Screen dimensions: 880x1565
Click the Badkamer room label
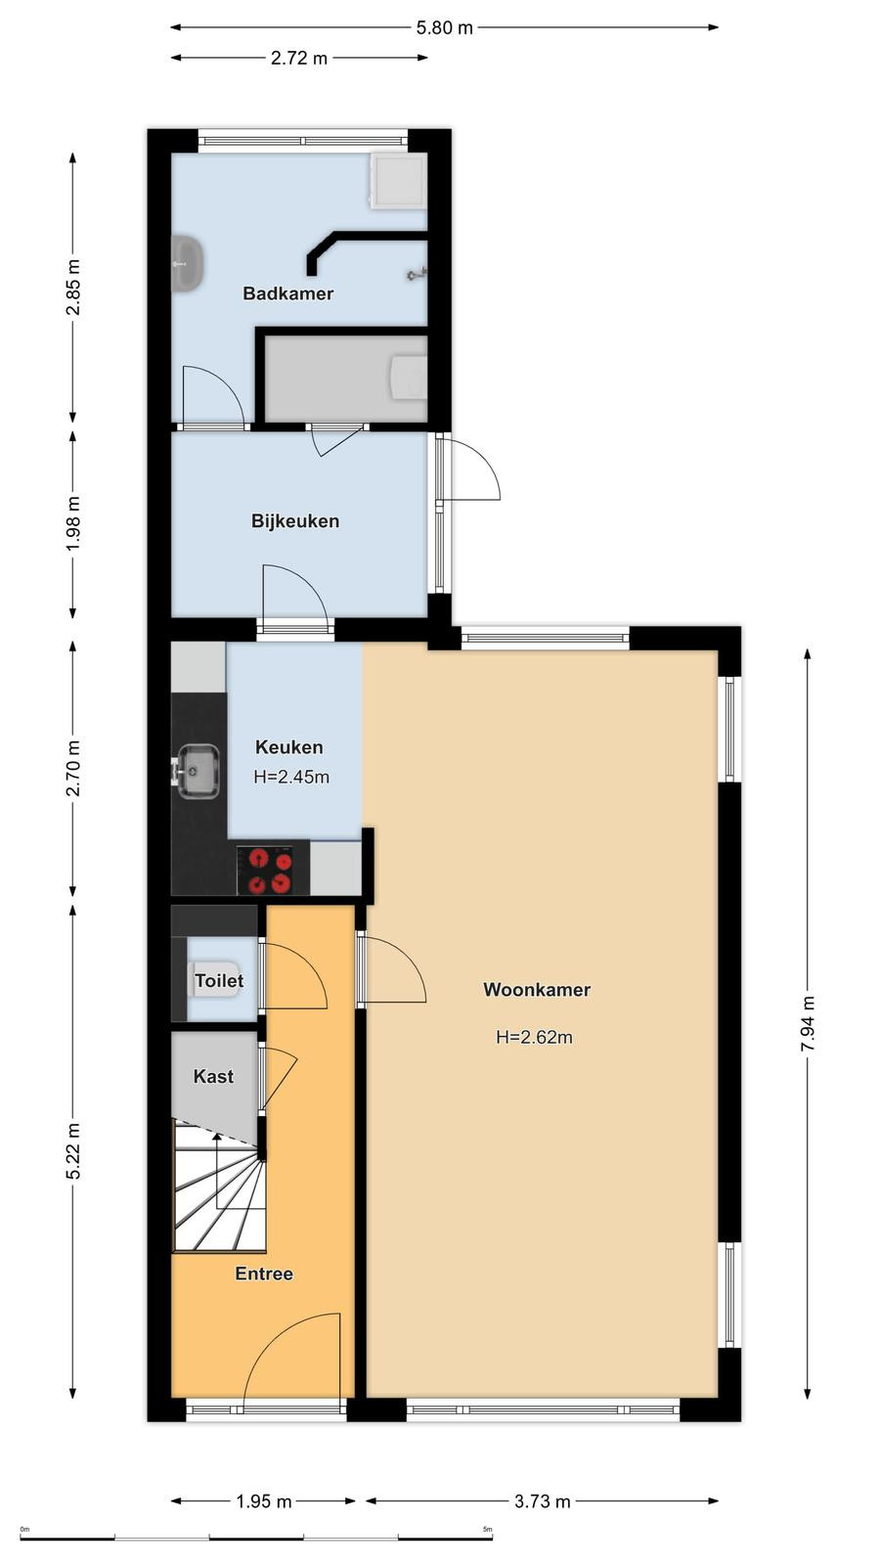tap(287, 293)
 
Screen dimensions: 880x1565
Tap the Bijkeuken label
tap(295, 521)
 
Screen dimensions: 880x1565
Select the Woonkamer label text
tap(537, 990)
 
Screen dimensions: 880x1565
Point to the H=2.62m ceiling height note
tap(534, 1038)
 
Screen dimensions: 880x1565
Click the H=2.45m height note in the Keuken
tap(291, 777)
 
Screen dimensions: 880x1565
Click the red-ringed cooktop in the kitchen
tap(273, 871)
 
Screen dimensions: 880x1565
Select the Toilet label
tap(219, 981)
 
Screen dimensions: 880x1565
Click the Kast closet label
tap(213, 1077)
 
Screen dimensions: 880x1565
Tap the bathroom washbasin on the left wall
tap(188, 263)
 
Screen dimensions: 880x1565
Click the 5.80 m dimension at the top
tap(444, 28)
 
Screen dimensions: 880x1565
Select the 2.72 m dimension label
tap(299, 58)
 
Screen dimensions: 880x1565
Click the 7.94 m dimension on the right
tap(808, 1023)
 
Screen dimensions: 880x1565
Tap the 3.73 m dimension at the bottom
tap(543, 1501)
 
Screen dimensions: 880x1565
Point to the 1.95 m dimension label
tap(264, 1501)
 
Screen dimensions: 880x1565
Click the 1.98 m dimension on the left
tap(73, 523)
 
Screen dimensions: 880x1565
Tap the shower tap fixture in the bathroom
tap(417, 273)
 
